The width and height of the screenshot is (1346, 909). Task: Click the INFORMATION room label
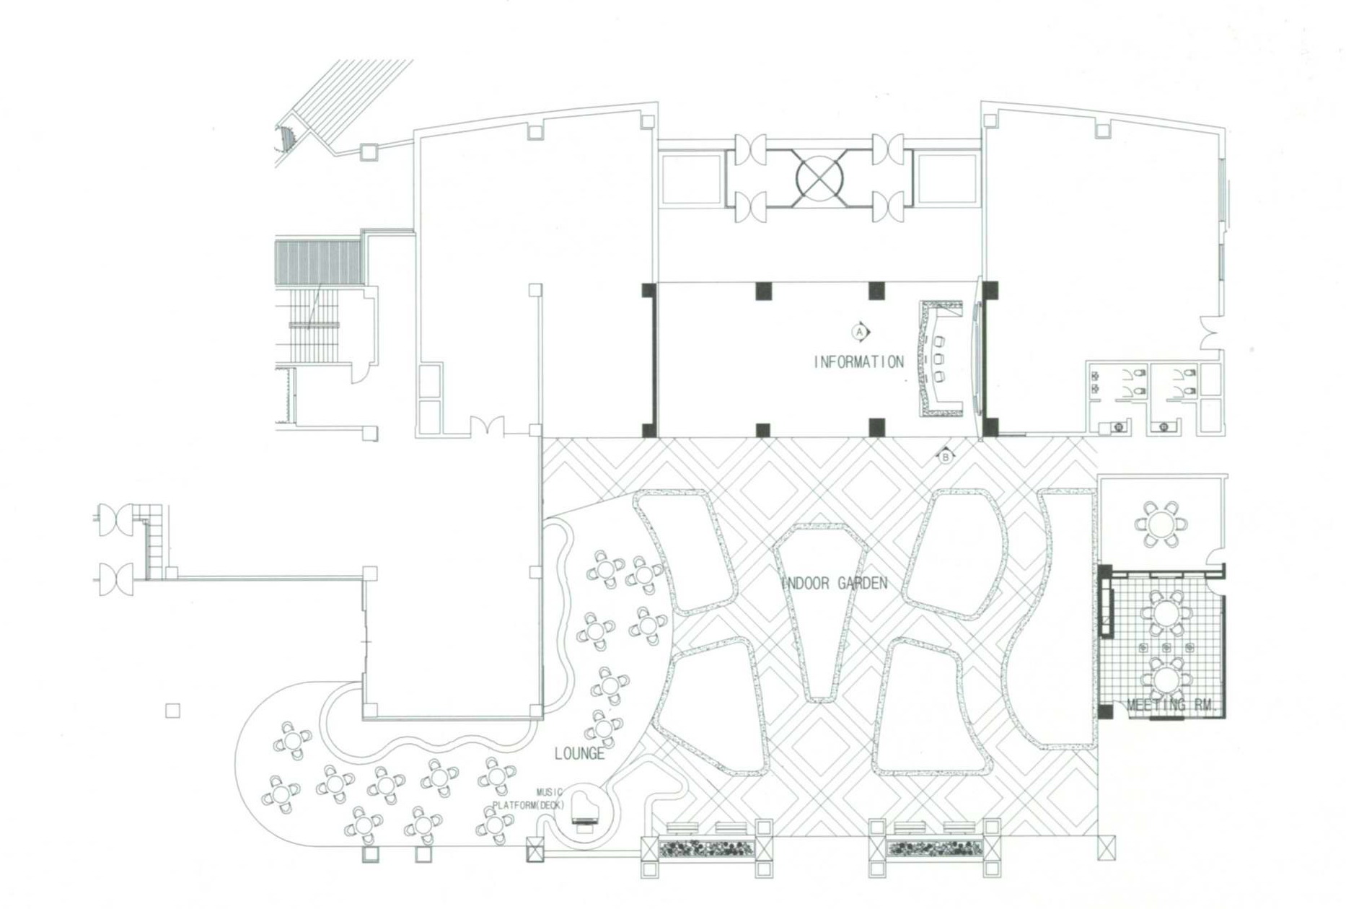coord(858,362)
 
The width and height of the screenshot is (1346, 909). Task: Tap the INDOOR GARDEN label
coord(835,583)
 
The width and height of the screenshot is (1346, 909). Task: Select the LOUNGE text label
coord(579,754)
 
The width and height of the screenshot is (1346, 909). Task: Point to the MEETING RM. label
coord(1170,705)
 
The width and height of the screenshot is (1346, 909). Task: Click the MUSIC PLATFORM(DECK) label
coord(529,799)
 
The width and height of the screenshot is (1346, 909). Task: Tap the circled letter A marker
coord(859,332)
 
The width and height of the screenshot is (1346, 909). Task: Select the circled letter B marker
coord(945,456)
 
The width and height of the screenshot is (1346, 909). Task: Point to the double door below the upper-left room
coord(488,426)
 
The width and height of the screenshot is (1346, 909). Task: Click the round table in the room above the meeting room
coord(1161,523)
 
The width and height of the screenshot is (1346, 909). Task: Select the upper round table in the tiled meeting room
coord(1164,614)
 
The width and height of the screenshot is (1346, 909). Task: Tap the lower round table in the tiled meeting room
coord(1164,679)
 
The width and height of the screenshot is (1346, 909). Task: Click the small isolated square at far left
coord(172,711)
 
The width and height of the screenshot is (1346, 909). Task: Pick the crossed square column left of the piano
coord(535,850)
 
